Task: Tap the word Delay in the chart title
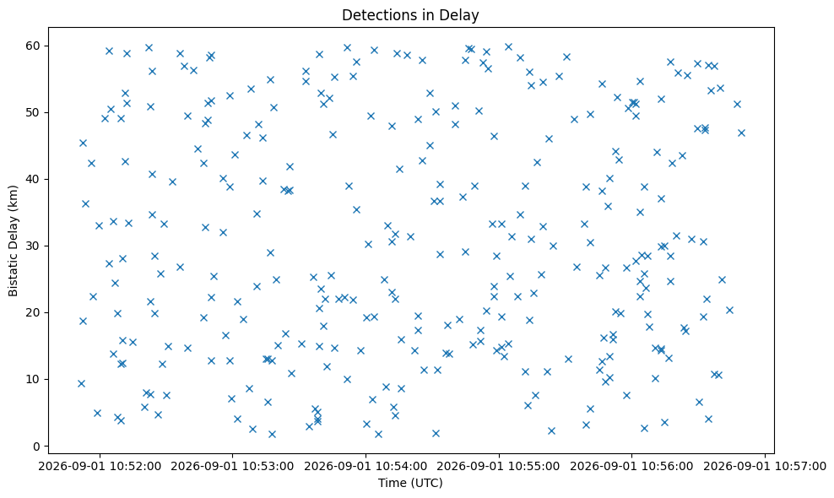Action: click(x=463, y=15)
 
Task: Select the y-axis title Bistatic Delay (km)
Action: click(x=14, y=241)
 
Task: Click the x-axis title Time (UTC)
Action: click(x=410, y=483)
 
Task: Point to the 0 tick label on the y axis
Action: click(x=37, y=447)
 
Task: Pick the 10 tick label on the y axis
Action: click(x=34, y=379)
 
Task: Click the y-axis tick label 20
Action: click(x=34, y=313)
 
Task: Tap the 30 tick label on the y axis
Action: click(x=34, y=246)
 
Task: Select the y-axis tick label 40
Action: click(x=34, y=179)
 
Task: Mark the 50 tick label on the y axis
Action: click(x=34, y=113)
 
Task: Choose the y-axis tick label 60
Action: click(x=34, y=46)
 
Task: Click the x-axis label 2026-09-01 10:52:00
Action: click(x=100, y=467)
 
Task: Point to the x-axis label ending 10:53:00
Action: click(x=232, y=467)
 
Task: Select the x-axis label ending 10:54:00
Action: click(x=366, y=467)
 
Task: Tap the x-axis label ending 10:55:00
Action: click(x=499, y=467)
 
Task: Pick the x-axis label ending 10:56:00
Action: click(x=632, y=467)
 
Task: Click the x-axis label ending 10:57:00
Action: click(x=766, y=467)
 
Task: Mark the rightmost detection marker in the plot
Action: click(x=741, y=133)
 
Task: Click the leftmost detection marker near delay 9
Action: click(x=81, y=383)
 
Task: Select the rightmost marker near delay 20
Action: click(x=729, y=310)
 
